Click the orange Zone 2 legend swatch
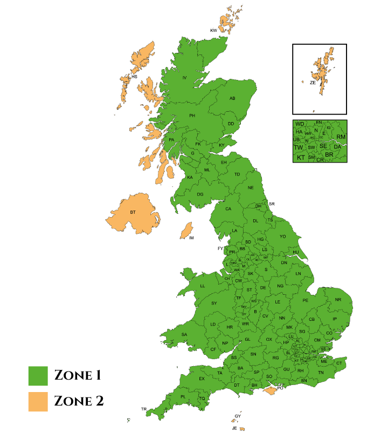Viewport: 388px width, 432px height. tap(38, 401)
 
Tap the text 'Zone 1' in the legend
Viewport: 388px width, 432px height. tap(78, 375)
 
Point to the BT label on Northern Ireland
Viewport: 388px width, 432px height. tap(133, 212)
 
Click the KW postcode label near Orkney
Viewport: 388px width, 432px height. tap(213, 30)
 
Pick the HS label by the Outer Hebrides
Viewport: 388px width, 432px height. tap(135, 77)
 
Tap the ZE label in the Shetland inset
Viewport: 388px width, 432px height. tap(313, 83)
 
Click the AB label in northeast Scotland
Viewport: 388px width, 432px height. tap(233, 98)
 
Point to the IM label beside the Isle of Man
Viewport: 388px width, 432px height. tap(191, 238)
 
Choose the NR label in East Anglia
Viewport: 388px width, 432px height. tap(338, 300)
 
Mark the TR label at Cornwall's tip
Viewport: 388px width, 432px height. tap(144, 409)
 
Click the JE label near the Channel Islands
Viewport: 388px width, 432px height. tap(234, 428)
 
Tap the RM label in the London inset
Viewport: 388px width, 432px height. tap(341, 137)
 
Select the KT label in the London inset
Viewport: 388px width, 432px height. tap(301, 158)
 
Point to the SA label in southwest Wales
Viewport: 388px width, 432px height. tap(184, 335)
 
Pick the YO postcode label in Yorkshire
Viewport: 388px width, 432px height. tap(283, 237)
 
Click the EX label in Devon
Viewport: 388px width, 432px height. tap(202, 379)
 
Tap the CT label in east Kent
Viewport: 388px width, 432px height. tap(339, 363)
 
